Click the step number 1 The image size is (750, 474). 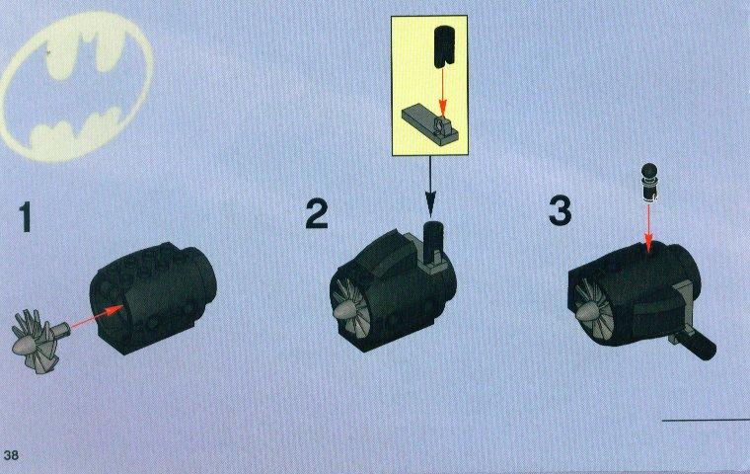tap(26, 217)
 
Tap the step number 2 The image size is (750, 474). tap(317, 214)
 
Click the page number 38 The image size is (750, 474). tap(11, 454)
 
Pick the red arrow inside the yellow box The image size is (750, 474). tap(443, 91)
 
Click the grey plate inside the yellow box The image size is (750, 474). tap(430, 125)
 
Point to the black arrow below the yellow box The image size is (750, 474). tap(430, 186)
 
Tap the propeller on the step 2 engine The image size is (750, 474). tap(351, 309)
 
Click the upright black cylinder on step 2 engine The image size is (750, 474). tap(434, 239)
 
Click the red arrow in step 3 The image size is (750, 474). tap(648, 227)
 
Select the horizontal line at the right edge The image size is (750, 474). tap(706, 421)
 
